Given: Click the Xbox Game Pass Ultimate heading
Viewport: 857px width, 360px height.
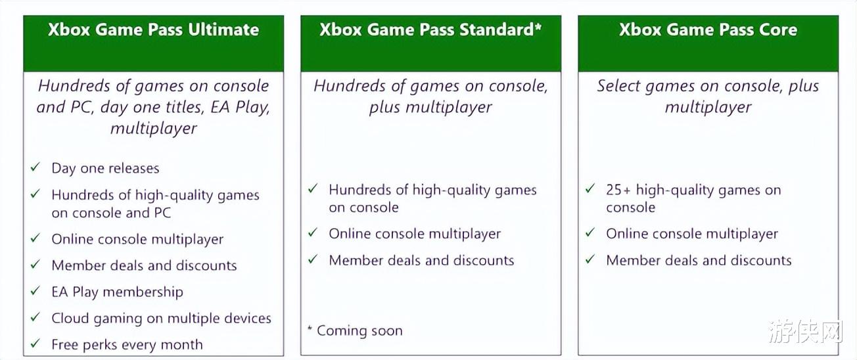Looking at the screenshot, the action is coord(153,30).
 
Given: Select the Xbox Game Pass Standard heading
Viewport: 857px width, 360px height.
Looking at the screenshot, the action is coord(430,30).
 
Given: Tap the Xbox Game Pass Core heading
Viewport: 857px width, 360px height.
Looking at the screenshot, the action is coord(708,30).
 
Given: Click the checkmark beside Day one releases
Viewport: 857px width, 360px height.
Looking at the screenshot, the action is coord(35,167).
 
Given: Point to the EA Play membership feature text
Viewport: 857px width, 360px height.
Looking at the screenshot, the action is coord(117,292).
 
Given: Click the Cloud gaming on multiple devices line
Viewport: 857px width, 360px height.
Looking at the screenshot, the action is coord(161,319).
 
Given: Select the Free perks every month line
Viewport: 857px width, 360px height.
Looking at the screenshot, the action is coord(127,345).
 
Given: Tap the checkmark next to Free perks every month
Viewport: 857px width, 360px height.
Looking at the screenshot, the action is coord(35,343).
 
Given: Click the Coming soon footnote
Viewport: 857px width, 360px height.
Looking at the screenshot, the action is coord(355,330).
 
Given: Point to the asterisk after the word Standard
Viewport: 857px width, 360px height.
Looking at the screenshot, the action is coord(538,26).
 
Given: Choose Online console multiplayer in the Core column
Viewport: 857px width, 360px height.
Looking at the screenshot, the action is coord(692,234).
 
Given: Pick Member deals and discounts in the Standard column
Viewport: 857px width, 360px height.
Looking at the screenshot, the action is coord(421,261).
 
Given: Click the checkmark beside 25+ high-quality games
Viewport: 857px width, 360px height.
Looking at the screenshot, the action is coord(590,189).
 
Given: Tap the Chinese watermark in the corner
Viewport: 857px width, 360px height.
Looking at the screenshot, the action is coord(805,331).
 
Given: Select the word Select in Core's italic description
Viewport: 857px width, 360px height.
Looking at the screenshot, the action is coord(618,86).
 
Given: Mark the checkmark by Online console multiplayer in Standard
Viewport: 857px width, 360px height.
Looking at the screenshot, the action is coord(313,232).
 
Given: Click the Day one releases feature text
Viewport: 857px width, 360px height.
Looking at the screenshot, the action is coord(105,168).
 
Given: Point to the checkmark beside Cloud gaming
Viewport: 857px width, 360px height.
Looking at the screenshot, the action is coord(35,317).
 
